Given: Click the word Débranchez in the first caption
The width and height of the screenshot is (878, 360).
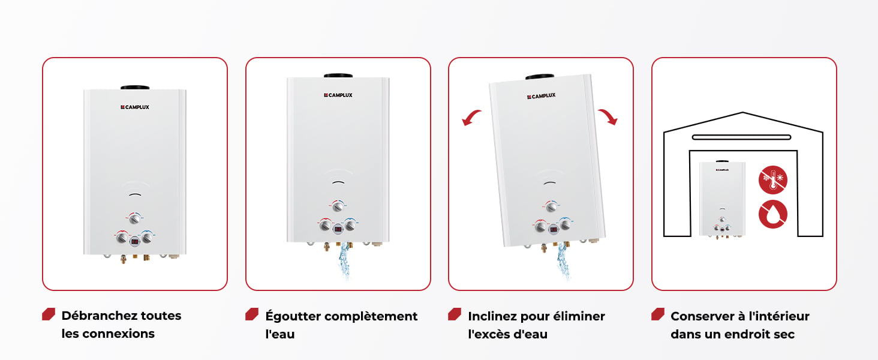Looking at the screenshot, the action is click(100, 316).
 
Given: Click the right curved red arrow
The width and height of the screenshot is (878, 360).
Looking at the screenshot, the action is click(608, 116).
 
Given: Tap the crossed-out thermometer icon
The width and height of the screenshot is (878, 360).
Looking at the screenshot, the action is click(772, 179).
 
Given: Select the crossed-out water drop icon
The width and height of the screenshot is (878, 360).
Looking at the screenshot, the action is click(772, 214).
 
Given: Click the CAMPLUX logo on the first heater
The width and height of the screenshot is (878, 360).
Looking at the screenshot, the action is click(135, 107).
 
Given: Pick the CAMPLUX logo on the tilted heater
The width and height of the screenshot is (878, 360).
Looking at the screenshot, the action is click(542, 96).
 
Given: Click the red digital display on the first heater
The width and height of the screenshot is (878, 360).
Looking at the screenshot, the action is click(134, 241).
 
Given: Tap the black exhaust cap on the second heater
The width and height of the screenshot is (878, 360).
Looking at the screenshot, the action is click(338, 76).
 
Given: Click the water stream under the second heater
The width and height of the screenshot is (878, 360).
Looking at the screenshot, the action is click(344, 260).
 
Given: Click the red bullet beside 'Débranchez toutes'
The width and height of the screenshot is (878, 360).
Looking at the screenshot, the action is click(49, 314).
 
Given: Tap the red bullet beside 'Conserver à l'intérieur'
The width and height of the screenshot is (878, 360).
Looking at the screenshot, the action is click(658, 314).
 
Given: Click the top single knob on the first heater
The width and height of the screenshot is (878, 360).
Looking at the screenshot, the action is click(134, 218).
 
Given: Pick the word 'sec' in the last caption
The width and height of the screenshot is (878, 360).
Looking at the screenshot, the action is click(784, 335).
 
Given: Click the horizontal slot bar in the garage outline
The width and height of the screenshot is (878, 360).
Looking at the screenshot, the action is click(742, 137).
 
